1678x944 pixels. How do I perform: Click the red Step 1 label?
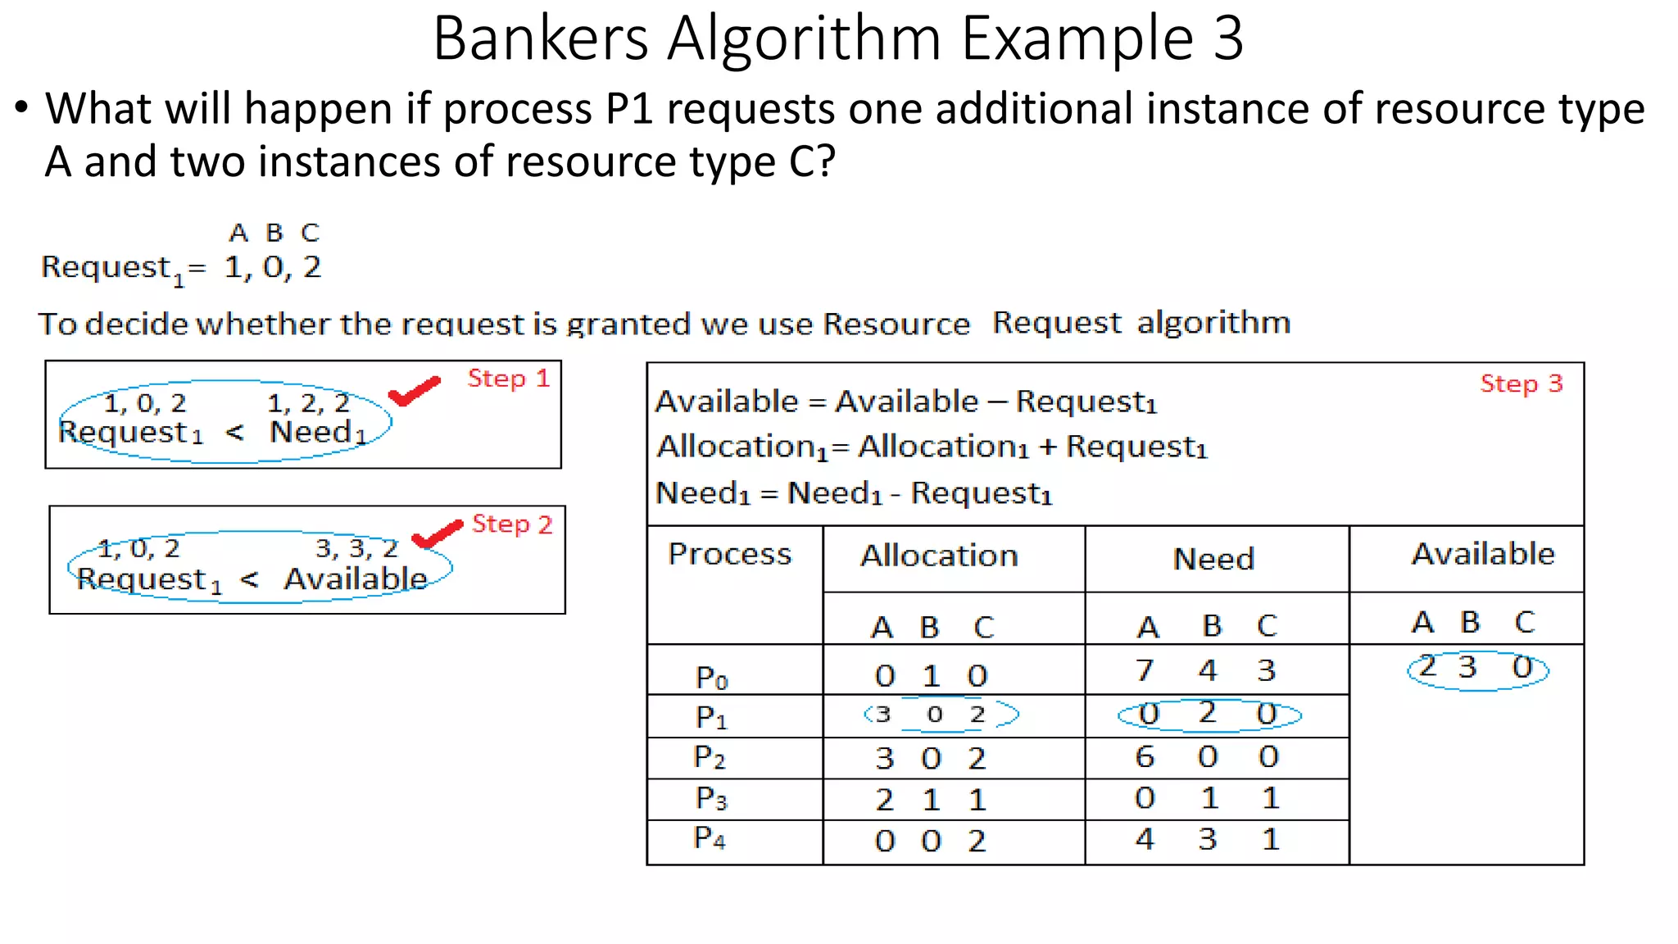point(508,379)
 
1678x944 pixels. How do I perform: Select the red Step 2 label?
point(512,524)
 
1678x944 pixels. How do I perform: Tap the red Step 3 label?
point(1522,383)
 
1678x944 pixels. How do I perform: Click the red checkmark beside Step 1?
point(414,392)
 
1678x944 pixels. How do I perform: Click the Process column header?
point(730,554)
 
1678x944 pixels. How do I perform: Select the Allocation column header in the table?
point(939,556)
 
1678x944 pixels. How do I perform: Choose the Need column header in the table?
point(1213,559)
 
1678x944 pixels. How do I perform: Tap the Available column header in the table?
point(1483,555)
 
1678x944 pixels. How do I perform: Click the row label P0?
point(711,677)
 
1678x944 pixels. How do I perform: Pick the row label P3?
point(711,797)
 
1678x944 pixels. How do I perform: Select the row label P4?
point(710,837)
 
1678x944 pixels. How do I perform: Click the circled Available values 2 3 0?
point(1477,669)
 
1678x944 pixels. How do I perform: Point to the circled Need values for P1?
point(1209,714)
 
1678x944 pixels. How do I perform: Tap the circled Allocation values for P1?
point(941,715)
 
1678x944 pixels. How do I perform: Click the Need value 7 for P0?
point(1145,670)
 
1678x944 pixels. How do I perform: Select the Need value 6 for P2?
point(1145,756)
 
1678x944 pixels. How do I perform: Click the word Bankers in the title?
point(541,39)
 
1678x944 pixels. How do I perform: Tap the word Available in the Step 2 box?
point(356,579)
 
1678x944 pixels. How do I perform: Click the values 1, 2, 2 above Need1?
point(308,403)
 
